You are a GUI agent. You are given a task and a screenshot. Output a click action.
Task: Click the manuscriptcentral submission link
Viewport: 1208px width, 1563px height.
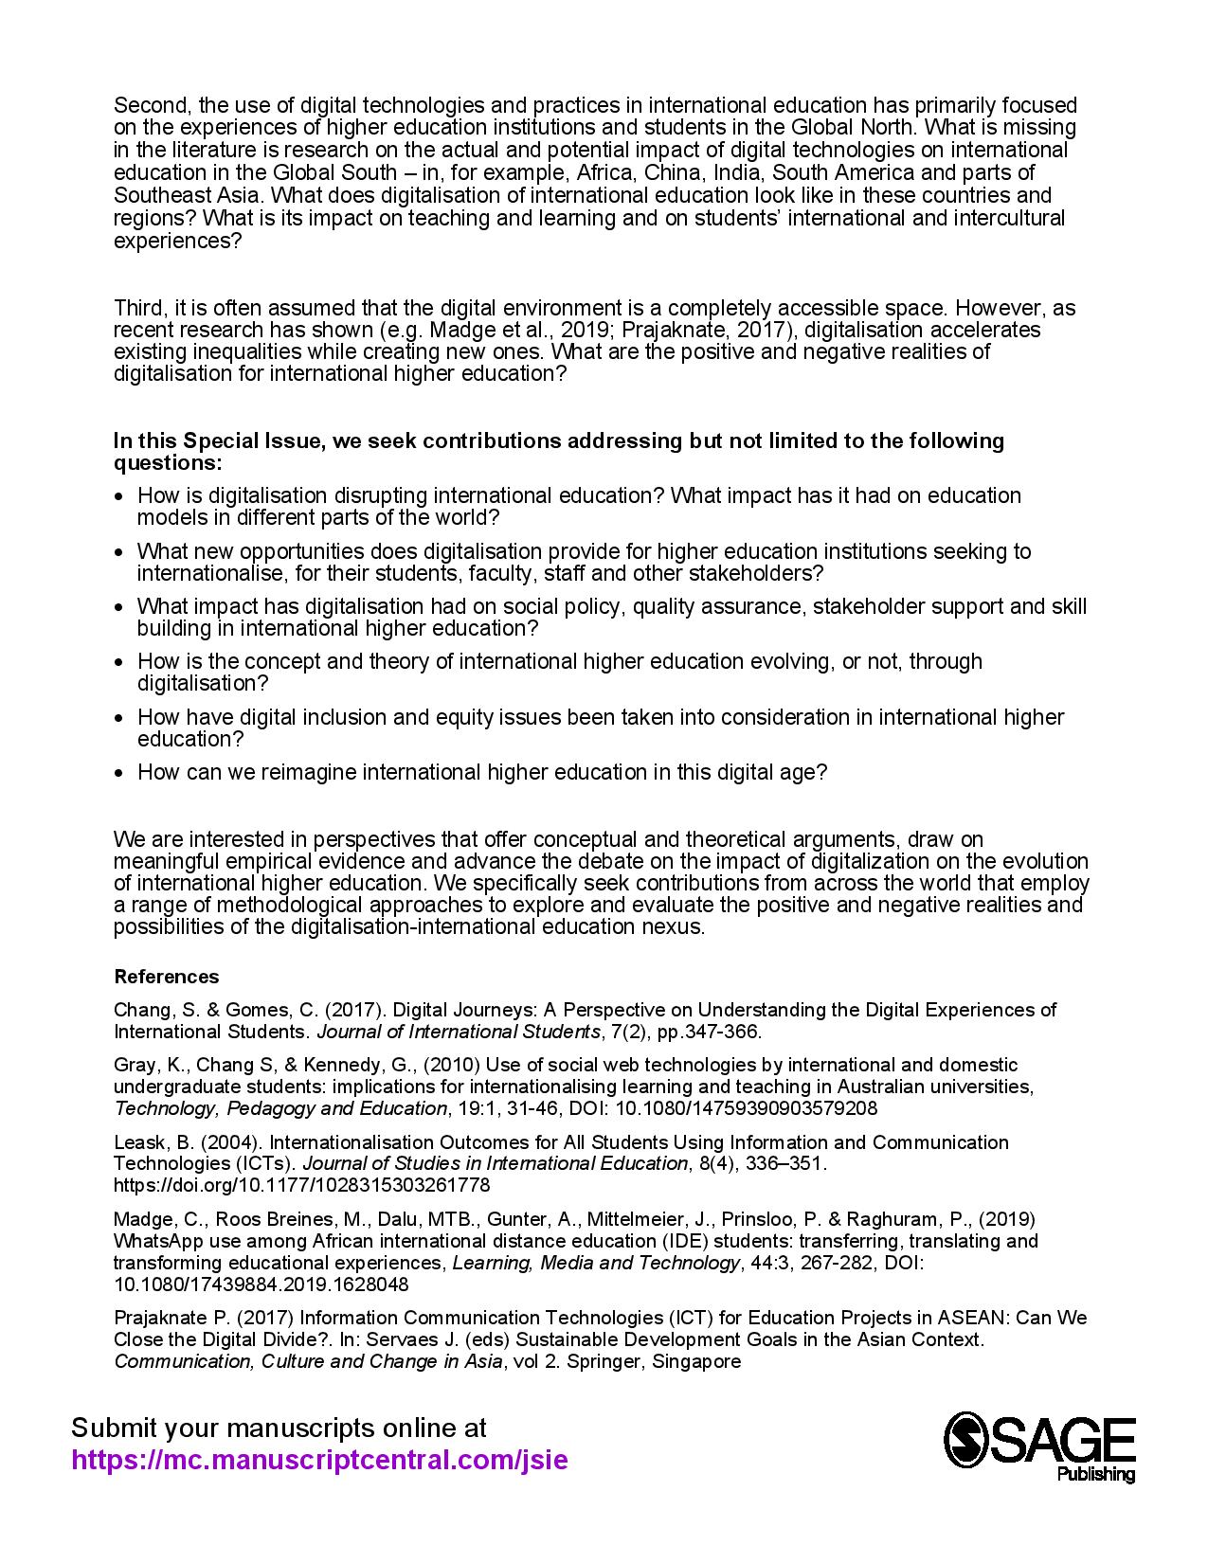pyautogui.click(x=320, y=1460)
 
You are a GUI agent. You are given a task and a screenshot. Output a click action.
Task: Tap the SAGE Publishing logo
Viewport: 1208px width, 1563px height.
pyautogui.click(x=1039, y=1446)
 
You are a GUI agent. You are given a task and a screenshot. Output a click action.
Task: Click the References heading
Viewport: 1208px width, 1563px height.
pyautogui.click(x=166, y=977)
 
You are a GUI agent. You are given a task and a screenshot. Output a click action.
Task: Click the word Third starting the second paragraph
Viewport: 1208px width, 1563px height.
pyautogui.click(x=139, y=308)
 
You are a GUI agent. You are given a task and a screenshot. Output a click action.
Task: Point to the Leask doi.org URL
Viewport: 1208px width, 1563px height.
pyautogui.click(x=301, y=1185)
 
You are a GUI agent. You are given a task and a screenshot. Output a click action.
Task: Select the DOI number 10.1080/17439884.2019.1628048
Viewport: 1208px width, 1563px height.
pyautogui.click(x=261, y=1285)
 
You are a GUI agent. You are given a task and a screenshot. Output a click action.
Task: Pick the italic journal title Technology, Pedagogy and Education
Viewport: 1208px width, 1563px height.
pyautogui.click(x=280, y=1108)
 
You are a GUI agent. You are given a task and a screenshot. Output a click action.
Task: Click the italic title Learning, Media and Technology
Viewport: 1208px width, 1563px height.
pyautogui.click(x=595, y=1263)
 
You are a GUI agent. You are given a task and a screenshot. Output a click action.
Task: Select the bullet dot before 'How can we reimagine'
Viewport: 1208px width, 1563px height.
pyautogui.click(x=118, y=773)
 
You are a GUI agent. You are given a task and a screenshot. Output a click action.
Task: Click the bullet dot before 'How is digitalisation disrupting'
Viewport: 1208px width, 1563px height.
pyautogui.click(x=118, y=496)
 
